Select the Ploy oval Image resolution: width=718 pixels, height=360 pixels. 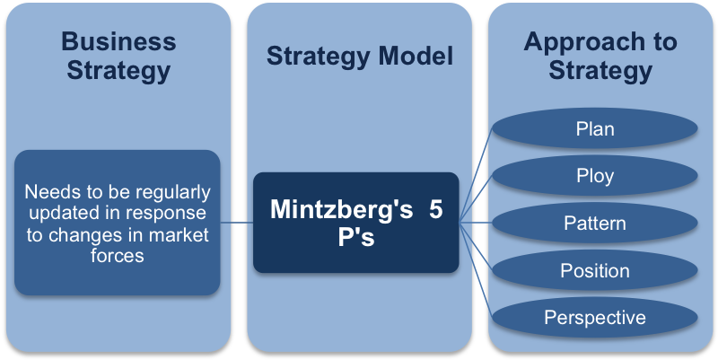click(595, 175)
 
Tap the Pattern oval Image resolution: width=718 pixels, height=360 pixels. click(595, 223)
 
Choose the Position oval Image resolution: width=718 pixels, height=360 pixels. click(595, 270)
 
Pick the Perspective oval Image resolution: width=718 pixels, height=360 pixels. click(595, 317)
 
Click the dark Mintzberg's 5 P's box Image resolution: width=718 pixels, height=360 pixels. click(356, 223)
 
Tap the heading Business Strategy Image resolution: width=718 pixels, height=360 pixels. click(118, 55)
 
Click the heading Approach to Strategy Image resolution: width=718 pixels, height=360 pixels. click(600, 55)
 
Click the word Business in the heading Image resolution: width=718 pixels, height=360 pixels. click(118, 41)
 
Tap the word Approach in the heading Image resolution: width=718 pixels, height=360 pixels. click(600, 41)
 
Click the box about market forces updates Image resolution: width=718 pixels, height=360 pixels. click(118, 223)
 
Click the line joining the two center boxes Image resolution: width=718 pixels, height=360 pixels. click(236, 223)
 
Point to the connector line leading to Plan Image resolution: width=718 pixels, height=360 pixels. click(476, 175)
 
